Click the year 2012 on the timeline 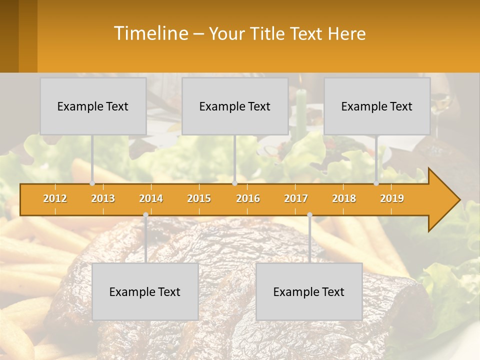coord(55,198)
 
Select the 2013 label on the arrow coord(103,198)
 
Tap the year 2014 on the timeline coord(151,198)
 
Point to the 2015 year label coord(199,198)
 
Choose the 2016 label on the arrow coord(248,198)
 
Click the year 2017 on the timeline coord(296,198)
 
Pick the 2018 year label coord(344,198)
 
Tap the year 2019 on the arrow coord(392,198)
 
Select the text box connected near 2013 coord(93,106)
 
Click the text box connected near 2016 coord(235,106)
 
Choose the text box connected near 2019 coord(377,106)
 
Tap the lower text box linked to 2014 coord(145,291)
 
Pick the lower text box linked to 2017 coord(309,291)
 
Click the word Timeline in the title coord(150,33)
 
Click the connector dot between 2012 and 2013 coord(92,183)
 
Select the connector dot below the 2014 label coord(145,215)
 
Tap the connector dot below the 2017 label coord(309,215)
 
